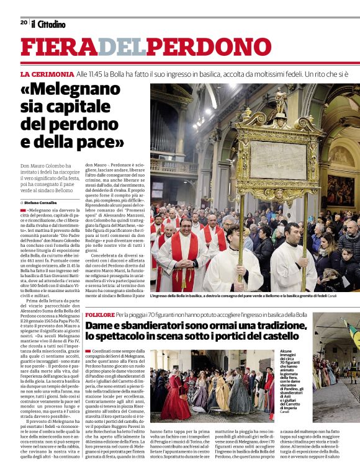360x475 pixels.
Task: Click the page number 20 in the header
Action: click(x=24, y=22)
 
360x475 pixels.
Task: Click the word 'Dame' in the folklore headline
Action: click(x=100, y=326)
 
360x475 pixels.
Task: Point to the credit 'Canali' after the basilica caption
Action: click(x=350, y=296)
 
